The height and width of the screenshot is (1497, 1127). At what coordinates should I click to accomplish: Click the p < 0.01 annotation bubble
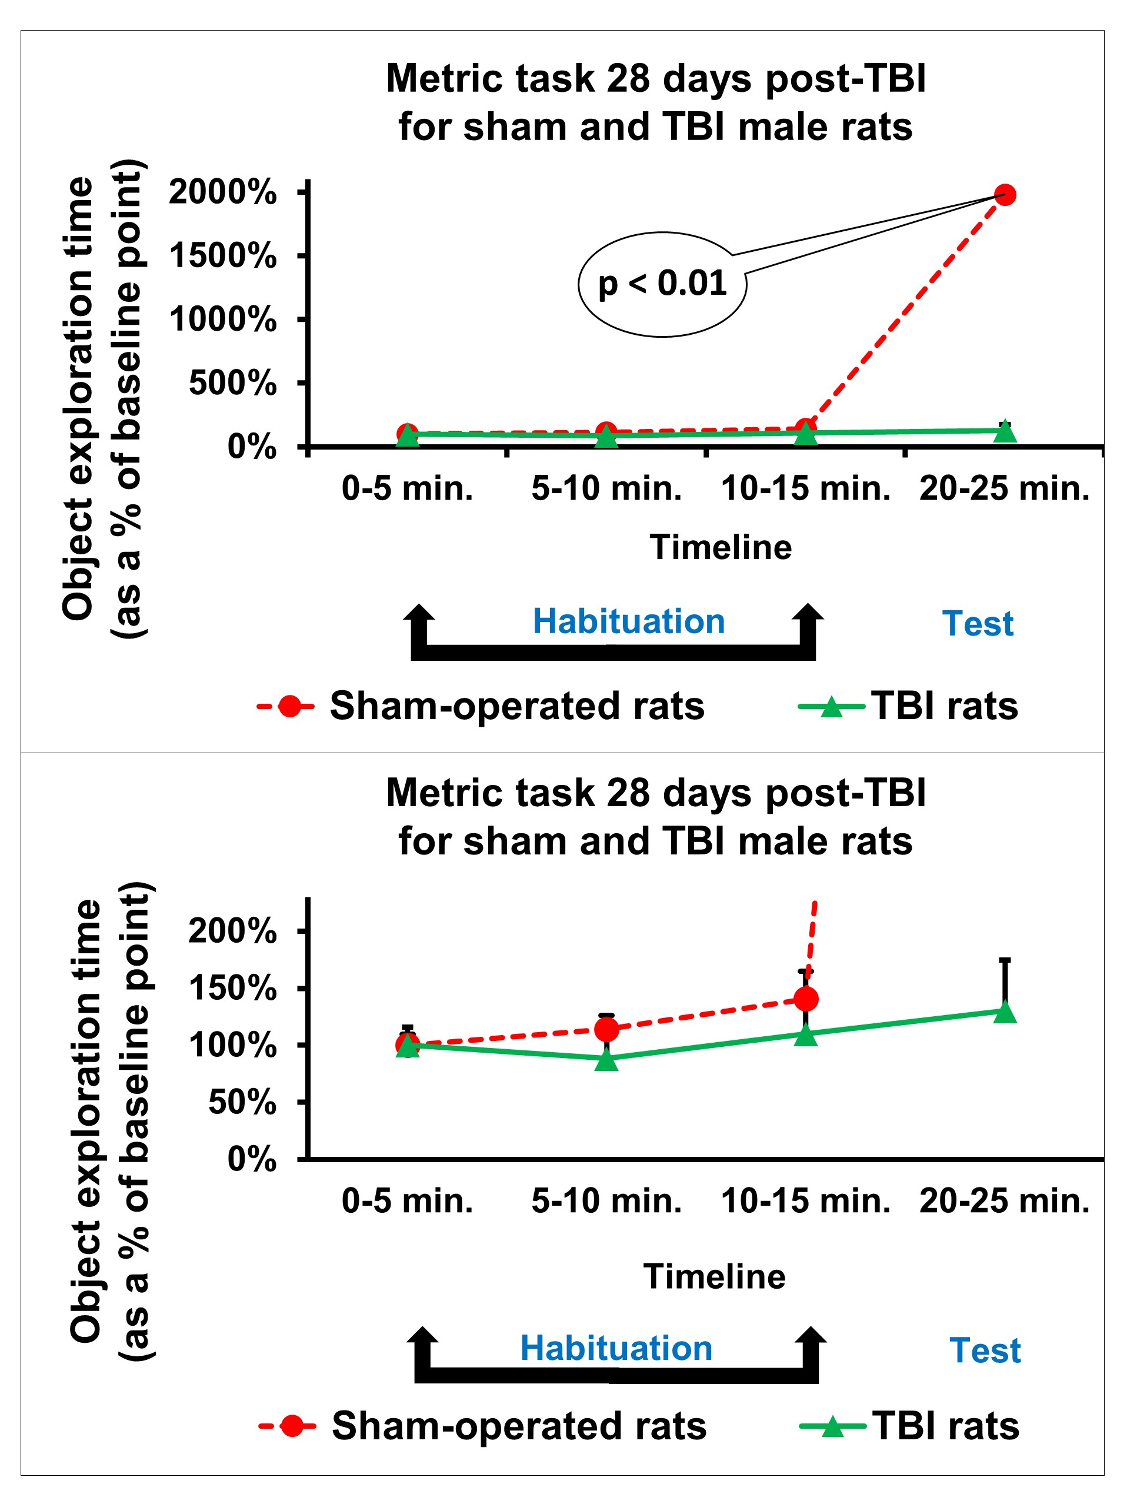[x=662, y=284]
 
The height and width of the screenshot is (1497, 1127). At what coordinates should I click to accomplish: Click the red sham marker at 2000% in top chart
[x=1005, y=195]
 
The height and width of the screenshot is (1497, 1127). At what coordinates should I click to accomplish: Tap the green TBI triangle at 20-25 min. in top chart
[x=1005, y=430]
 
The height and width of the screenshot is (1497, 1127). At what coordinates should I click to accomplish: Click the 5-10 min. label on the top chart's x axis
[x=606, y=488]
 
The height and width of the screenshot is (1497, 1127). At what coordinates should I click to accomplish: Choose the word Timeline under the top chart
[x=721, y=547]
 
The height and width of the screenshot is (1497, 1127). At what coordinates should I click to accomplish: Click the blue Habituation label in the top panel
[x=628, y=621]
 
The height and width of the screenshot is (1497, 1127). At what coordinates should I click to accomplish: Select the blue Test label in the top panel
[x=978, y=623]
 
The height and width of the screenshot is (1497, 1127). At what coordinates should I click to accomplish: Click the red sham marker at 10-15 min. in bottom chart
[x=806, y=998]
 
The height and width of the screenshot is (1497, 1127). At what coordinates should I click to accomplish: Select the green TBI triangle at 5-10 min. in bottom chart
[x=607, y=1060]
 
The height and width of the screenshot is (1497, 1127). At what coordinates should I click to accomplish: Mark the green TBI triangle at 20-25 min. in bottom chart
[x=1005, y=1012]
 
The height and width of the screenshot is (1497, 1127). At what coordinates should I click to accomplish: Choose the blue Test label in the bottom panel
[x=985, y=1350]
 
